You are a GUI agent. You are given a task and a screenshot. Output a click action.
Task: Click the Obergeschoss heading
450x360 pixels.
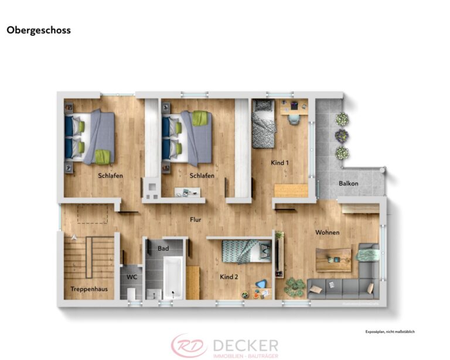point(39,30)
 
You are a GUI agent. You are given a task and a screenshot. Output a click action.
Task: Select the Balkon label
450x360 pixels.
point(348,183)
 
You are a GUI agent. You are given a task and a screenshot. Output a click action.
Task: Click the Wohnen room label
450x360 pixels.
point(327,232)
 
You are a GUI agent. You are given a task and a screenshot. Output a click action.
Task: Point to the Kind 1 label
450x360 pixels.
point(279,162)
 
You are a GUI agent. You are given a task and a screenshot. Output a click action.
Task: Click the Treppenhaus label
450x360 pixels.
point(88,289)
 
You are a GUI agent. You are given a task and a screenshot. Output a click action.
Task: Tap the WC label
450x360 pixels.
point(132,277)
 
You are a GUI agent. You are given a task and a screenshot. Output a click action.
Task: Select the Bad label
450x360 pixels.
point(163,248)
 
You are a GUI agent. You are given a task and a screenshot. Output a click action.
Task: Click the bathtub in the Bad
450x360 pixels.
point(173,278)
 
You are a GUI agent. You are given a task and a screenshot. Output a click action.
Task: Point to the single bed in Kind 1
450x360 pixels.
point(263,124)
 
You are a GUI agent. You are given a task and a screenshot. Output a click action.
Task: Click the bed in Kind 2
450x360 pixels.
point(245,251)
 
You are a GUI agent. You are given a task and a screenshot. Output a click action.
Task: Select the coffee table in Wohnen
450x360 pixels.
point(333,259)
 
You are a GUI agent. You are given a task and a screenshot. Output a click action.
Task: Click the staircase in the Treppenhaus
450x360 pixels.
point(88,257)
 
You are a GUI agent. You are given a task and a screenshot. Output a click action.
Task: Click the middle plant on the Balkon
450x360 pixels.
point(342,135)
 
